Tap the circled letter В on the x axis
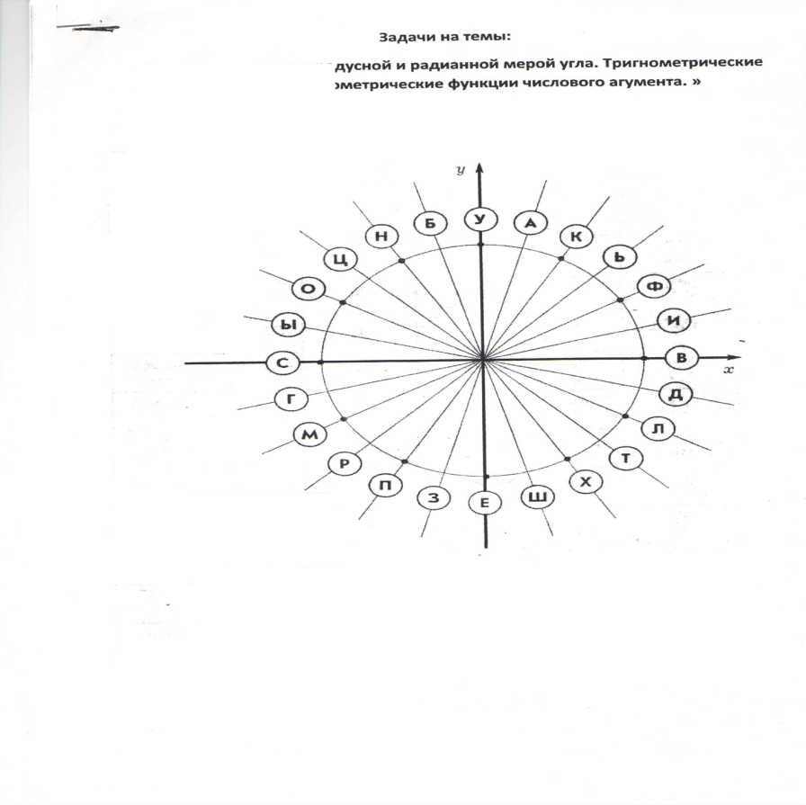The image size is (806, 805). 681,358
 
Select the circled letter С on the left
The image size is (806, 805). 282,363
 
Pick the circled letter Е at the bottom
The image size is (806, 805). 485,503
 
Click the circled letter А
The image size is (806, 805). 530,222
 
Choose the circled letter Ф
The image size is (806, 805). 653,287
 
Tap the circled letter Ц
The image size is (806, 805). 340,260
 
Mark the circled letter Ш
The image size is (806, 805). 538,497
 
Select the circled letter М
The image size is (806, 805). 309,435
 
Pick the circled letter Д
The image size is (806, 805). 675,393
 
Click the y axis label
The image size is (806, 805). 460,169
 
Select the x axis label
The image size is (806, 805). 730,370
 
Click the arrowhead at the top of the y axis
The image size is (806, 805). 480,168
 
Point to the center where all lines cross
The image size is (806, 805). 483,359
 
